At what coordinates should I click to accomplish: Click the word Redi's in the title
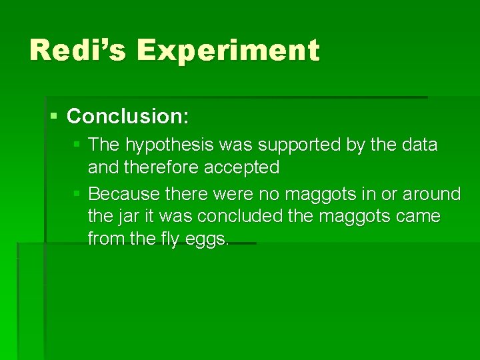(74, 51)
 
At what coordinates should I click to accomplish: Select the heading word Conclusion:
(129, 117)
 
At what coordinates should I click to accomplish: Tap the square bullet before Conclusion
(55, 117)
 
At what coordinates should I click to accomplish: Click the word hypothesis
(165, 145)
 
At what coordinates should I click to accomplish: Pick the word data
(417, 145)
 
